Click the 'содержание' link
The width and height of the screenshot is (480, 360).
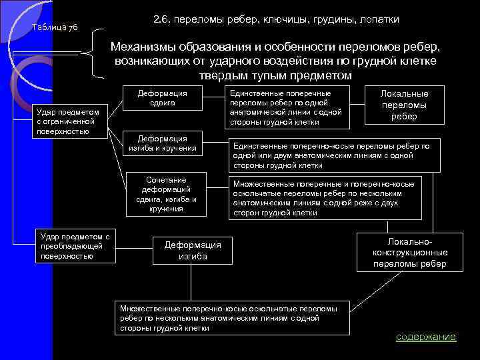426,337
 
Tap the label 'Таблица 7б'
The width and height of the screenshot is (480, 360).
55,27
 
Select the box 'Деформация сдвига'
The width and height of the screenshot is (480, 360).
162,98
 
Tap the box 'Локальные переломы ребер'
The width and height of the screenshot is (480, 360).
404,105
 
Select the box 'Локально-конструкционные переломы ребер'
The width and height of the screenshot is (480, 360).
410,253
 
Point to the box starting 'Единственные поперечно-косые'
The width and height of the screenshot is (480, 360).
331,155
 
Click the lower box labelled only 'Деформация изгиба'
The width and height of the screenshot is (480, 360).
192,250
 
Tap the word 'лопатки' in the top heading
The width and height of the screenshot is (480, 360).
378,20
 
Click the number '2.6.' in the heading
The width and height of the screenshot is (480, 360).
162,20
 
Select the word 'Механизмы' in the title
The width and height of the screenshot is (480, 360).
146,47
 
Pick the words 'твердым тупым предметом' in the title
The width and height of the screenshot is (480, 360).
274,75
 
